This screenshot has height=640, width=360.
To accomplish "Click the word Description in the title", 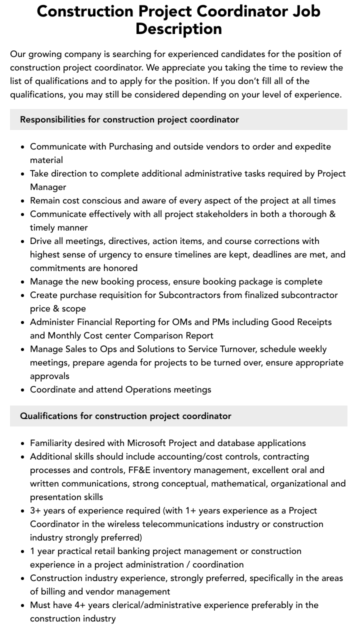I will click(x=178, y=28).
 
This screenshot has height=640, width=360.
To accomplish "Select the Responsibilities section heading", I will click(x=129, y=119).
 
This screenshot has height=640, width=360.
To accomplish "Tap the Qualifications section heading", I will click(x=125, y=416).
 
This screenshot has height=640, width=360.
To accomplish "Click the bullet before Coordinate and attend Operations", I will click(x=23, y=390).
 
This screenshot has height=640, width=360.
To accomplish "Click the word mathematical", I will click(x=254, y=483).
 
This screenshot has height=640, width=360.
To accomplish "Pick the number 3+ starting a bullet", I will click(x=36, y=510).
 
